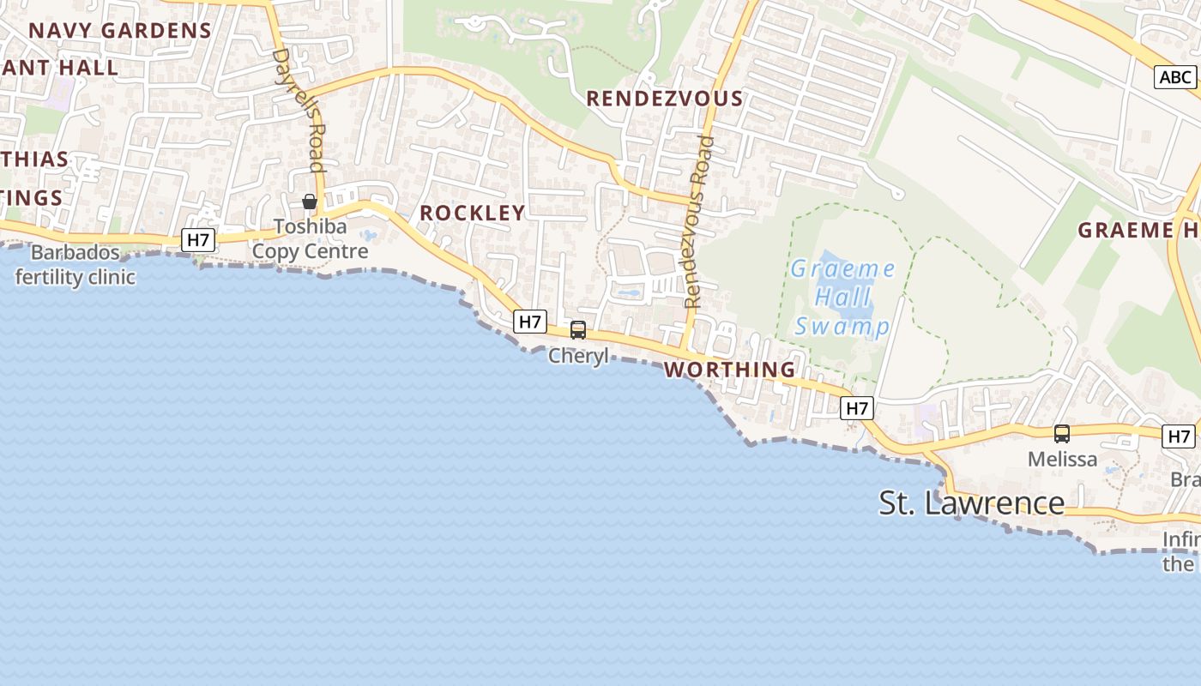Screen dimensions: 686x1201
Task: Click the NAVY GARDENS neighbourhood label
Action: click(120, 31)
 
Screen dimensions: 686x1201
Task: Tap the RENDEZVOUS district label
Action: click(664, 99)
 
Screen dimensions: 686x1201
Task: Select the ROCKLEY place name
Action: click(472, 213)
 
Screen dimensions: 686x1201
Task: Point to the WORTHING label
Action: click(730, 370)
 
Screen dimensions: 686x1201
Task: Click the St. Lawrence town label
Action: click(971, 503)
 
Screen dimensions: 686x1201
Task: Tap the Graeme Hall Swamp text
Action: click(842, 298)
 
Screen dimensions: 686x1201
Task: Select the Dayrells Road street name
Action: click(298, 110)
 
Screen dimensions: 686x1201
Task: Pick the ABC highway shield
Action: click(1174, 77)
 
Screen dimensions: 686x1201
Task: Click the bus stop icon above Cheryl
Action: click(578, 330)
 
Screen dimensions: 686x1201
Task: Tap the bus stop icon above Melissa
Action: click(1062, 434)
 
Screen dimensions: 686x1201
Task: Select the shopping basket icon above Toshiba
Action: click(310, 202)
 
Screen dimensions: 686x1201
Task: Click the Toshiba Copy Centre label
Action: click(310, 239)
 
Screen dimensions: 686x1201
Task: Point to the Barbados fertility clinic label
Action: click(75, 265)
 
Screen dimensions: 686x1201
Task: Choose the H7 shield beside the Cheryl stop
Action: click(530, 322)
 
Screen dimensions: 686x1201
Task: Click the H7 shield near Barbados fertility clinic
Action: click(198, 240)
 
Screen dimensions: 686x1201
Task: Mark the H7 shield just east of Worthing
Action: click(857, 408)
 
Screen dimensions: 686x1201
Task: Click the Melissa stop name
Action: click(1062, 459)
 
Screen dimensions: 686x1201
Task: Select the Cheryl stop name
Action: click(578, 355)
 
